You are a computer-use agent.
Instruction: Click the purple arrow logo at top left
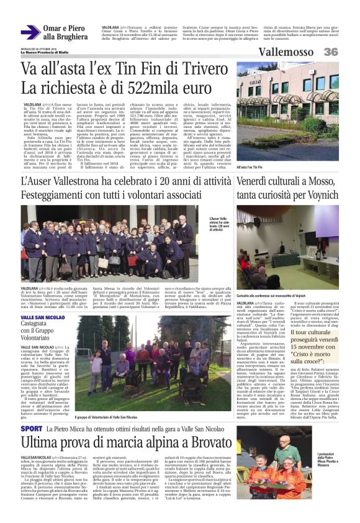click(30, 32)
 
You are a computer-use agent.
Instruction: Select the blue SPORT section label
click(32, 429)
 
